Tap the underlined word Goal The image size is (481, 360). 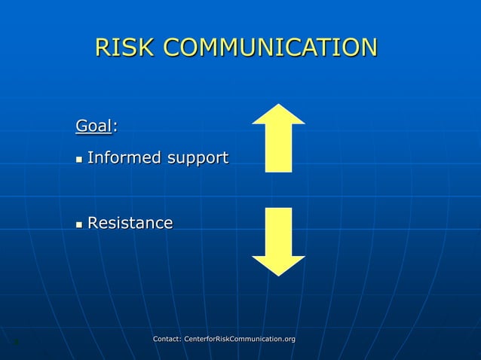pos(93,126)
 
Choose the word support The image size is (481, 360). pos(198,160)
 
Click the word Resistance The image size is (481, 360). pos(130,223)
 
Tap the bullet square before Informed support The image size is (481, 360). pos(79,160)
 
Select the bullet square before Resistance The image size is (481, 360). pos(79,224)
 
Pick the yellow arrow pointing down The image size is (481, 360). pos(278,241)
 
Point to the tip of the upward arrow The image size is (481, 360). pos(278,105)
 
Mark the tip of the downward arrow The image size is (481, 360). pos(278,274)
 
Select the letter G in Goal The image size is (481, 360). pos(81,126)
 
